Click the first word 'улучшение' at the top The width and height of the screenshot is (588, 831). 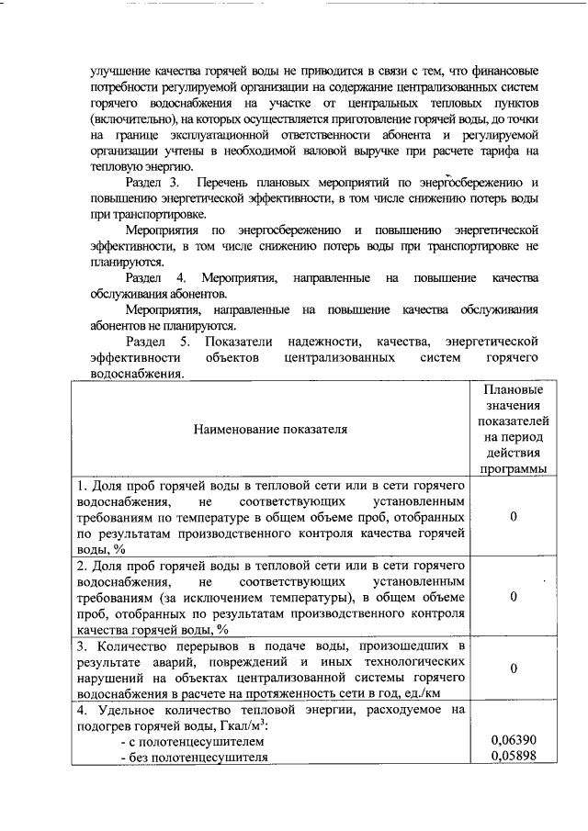pos(119,71)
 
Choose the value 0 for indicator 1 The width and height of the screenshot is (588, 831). pos(513,517)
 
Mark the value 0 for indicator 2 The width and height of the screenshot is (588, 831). pos(513,598)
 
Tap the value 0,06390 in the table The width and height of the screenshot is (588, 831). pos(513,740)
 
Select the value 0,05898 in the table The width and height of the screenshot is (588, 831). pos(513,757)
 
